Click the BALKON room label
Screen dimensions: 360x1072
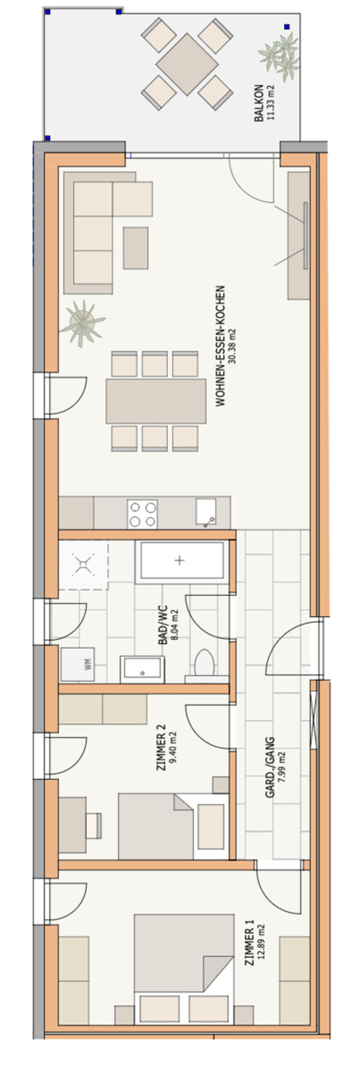point(259,103)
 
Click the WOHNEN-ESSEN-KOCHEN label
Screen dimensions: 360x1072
point(220,346)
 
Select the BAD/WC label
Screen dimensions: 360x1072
point(163,625)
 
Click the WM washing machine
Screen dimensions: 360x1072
point(78,663)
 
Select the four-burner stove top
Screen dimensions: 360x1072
point(142,514)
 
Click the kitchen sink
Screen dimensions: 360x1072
point(206,512)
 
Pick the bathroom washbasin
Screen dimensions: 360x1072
point(142,669)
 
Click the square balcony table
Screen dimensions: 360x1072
point(187,64)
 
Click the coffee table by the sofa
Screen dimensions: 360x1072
point(135,248)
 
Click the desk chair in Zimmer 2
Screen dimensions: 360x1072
point(94,825)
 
